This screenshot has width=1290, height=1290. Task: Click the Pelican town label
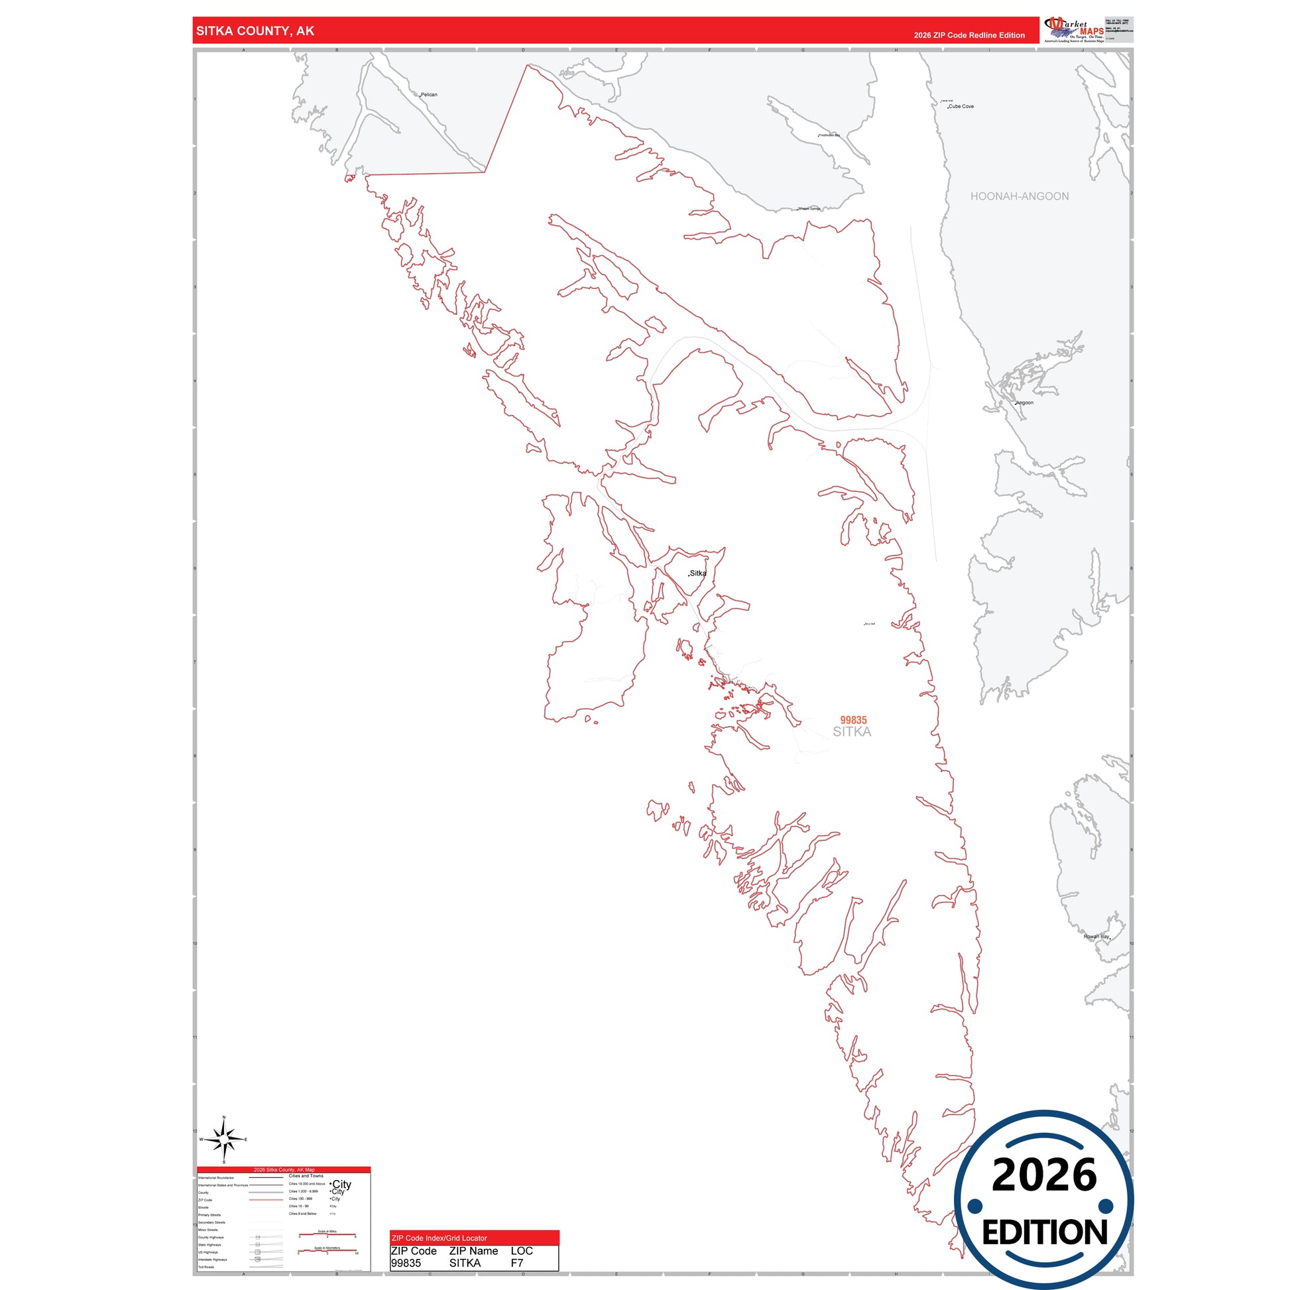[429, 95]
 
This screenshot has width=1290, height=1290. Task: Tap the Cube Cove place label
[961, 107]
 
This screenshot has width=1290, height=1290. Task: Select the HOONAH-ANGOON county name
[1019, 196]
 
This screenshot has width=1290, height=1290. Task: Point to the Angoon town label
[1024, 402]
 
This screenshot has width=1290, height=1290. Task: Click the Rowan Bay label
[1096, 937]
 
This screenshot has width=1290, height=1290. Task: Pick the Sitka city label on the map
[698, 573]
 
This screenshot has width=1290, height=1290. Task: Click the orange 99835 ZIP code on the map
[853, 720]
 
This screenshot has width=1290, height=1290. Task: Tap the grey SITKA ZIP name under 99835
[851, 732]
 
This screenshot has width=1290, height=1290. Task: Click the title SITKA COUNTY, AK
[255, 31]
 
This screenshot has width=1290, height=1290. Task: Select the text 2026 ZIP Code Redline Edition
[969, 35]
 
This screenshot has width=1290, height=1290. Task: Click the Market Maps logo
[1075, 30]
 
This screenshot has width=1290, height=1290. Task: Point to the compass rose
[224, 1139]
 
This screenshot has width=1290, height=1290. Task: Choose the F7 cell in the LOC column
[517, 1263]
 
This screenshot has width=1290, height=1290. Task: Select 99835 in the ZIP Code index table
[406, 1263]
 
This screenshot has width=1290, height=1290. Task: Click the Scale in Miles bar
[327, 1235]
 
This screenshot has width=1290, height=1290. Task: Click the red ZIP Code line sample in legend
[266, 1200]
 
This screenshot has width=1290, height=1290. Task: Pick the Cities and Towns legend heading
[306, 1176]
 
